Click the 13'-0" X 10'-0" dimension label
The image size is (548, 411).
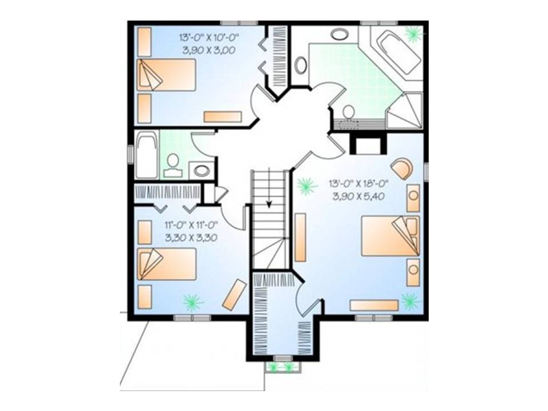click(x=209, y=37)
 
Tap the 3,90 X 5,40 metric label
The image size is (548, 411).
click(x=358, y=196)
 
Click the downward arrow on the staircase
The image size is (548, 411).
click(x=269, y=188)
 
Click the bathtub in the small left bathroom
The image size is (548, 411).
click(x=147, y=155)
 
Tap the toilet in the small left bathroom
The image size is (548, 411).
click(x=172, y=166)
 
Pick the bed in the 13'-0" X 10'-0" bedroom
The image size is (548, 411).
click(x=166, y=75)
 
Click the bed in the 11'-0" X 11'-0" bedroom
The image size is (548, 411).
click(x=167, y=264)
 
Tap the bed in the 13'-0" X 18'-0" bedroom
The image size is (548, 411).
click(x=390, y=236)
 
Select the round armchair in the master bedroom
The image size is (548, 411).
click(x=402, y=168)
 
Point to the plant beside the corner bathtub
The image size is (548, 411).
click(x=414, y=34)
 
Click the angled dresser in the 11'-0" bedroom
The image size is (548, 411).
click(x=235, y=295)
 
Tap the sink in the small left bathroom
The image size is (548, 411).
click(x=202, y=171)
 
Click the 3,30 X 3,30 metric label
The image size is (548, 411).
click(x=191, y=238)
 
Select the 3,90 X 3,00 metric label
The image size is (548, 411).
click(x=209, y=50)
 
